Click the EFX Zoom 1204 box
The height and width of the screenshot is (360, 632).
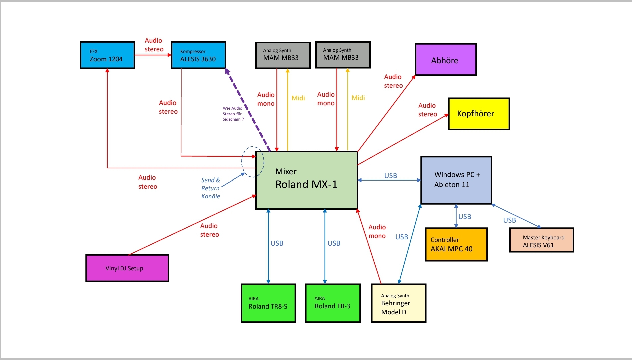[x=107, y=55]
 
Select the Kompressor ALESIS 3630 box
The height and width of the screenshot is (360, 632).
[x=198, y=55]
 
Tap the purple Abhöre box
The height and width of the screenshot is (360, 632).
[x=446, y=60]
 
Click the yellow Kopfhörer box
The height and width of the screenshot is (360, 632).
[x=479, y=114]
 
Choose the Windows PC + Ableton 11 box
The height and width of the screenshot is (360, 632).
[x=456, y=180]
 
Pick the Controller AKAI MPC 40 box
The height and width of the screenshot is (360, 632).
[x=456, y=244]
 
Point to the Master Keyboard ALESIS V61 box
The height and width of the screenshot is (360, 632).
[x=541, y=240]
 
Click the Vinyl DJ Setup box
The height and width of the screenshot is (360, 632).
[x=127, y=268]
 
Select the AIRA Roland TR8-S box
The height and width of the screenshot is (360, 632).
[x=268, y=303]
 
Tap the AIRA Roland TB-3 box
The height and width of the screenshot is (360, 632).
[x=333, y=303]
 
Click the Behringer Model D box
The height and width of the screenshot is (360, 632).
[x=399, y=303]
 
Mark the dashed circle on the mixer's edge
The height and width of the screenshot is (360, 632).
[x=253, y=162]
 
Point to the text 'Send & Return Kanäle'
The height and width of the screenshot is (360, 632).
[x=211, y=188]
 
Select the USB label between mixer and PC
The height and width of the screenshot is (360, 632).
[x=390, y=175]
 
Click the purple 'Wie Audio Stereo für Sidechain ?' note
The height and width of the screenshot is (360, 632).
[x=233, y=114]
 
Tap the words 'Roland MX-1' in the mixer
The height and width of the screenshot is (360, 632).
[x=306, y=184]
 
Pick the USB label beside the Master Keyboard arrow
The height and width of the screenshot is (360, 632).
[x=509, y=220]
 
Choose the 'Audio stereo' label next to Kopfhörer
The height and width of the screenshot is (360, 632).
[x=427, y=110]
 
